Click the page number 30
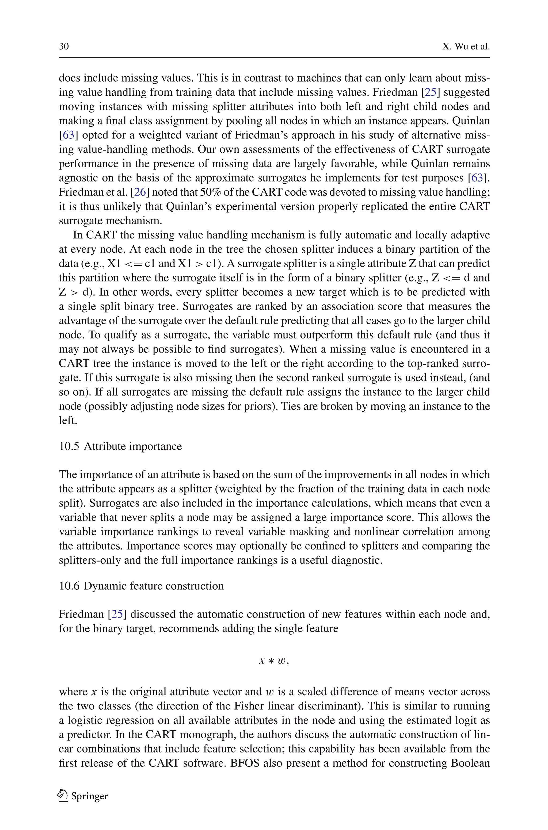pyautogui.click(x=64, y=47)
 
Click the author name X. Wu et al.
pyautogui.click(x=466, y=47)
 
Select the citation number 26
pyautogui.click(x=140, y=192)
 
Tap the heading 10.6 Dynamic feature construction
pyautogui.click(x=141, y=586)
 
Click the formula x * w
pyautogui.click(x=274, y=661)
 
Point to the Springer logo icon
pyautogui.click(x=63, y=796)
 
